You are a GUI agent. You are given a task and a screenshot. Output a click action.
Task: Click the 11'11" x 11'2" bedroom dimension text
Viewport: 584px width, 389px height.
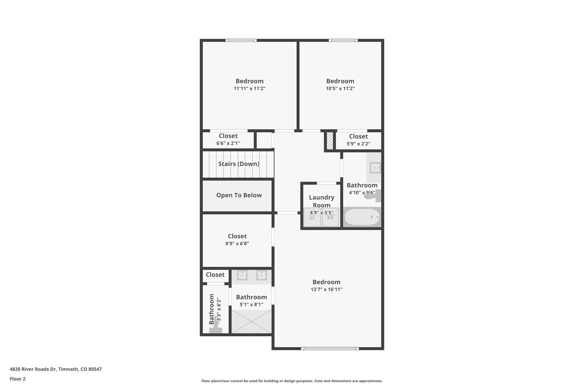pyautogui.click(x=250, y=89)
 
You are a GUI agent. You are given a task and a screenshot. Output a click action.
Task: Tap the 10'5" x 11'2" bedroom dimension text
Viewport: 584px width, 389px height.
pyautogui.click(x=340, y=89)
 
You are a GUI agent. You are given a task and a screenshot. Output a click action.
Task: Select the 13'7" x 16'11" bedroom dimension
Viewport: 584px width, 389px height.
pyautogui.click(x=327, y=290)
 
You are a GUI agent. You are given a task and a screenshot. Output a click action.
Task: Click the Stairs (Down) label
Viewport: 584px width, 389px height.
pyautogui.click(x=239, y=164)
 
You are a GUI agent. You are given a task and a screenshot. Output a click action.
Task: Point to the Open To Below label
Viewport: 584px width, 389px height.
pyautogui.click(x=239, y=195)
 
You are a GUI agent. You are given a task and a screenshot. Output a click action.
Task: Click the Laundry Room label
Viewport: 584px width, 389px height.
pyautogui.click(x=322, y=201)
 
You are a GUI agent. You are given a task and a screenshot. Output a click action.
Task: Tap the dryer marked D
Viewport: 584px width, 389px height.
pyautogui.click(x=312, y=217)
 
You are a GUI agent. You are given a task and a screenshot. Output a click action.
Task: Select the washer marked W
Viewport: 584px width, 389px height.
pyautogui.click(x=330, y=217)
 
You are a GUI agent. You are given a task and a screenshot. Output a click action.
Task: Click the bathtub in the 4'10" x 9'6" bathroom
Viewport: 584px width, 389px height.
pyautogui.click(x=362, y=217)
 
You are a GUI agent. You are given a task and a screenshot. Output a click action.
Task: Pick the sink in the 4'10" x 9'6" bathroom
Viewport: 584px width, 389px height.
pyautogui.click(x=375, y=168)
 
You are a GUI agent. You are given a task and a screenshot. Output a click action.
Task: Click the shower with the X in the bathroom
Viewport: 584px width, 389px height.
pyautogui.click(x=251, y=321)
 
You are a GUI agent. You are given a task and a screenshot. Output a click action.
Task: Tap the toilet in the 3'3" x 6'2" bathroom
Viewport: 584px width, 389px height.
pyautogui.click(x=216, y=329)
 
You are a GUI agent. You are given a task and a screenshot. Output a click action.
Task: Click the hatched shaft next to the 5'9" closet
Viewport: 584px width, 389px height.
pyautogui.click(x=330, y=140)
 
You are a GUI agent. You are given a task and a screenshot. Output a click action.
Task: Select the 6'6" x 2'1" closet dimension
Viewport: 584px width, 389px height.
pyautogui.click(x=228, y=143)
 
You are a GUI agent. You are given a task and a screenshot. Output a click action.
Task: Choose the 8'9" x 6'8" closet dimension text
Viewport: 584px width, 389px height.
pyautogui.click(x=237, y=244)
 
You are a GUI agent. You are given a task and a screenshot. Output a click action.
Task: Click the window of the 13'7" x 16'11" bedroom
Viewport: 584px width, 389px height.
pyautogui.click(x=330, y=348)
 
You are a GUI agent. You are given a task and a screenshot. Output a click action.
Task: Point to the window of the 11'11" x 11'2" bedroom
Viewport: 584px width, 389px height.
pyautogui.click(x=241, y=40)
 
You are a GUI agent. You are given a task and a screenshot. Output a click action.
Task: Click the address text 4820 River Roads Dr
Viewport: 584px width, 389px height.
pyautogui.click(x=56, y=369)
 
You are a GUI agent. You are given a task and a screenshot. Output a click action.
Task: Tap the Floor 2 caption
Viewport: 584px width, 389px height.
pyautogui.click(x=18, y=379)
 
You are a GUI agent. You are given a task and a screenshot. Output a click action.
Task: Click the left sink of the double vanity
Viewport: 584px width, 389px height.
pyautogui.click(x=242, y=275)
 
